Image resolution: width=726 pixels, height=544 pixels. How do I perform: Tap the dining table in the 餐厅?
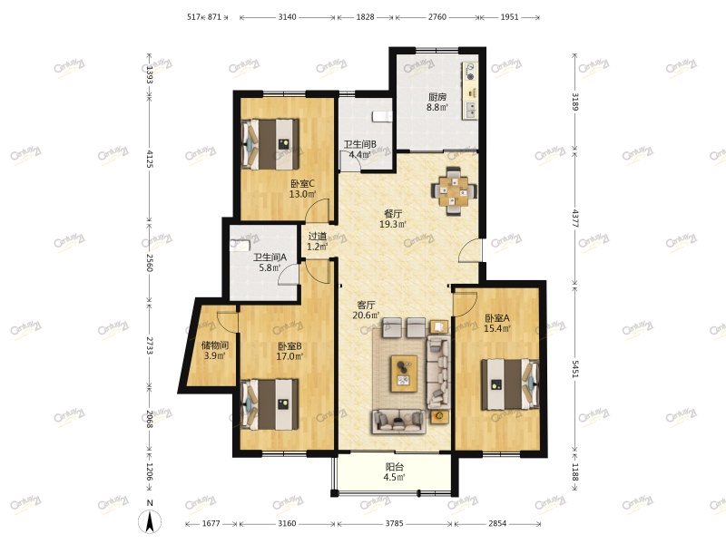(x=454, y=190)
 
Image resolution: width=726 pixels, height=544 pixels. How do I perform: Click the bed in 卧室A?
(x=510, y=384)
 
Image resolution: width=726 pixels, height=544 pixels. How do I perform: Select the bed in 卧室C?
(x=270, y=144)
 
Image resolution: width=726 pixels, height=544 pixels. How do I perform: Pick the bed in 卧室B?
(x=270, y=404)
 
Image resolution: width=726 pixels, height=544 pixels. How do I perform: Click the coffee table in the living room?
(x=404, y=374)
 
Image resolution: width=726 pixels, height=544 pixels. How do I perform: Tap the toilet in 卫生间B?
(x=381, y=116)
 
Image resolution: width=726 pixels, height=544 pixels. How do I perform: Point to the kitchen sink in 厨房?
(x=470, y=110)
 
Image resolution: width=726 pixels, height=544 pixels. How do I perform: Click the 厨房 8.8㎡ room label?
(x=437, y=102)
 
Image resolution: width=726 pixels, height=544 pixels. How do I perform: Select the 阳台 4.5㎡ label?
(x=395, y=471)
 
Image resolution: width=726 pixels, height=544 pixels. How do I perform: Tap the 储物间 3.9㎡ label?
(x=214, y=350)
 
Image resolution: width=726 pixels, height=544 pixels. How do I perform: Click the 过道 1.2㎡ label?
(x=318, y=241)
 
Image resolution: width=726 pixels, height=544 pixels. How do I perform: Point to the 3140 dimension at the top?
(x=287, y=17)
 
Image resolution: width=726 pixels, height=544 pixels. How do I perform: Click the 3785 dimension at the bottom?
(x=394, y=524)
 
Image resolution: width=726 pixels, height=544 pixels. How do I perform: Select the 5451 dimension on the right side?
(x=574, y=369)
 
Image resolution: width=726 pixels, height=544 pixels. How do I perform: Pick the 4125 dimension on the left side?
(x=150, y=157)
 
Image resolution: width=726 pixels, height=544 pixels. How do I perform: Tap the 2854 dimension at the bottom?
(x=497, y=524)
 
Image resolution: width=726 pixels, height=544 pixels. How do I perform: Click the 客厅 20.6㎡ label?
(x=366, y=310)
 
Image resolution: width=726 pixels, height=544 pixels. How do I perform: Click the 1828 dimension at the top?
(x=365, y=17)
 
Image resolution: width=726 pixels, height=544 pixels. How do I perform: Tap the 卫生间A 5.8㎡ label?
(x=270, y=262)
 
